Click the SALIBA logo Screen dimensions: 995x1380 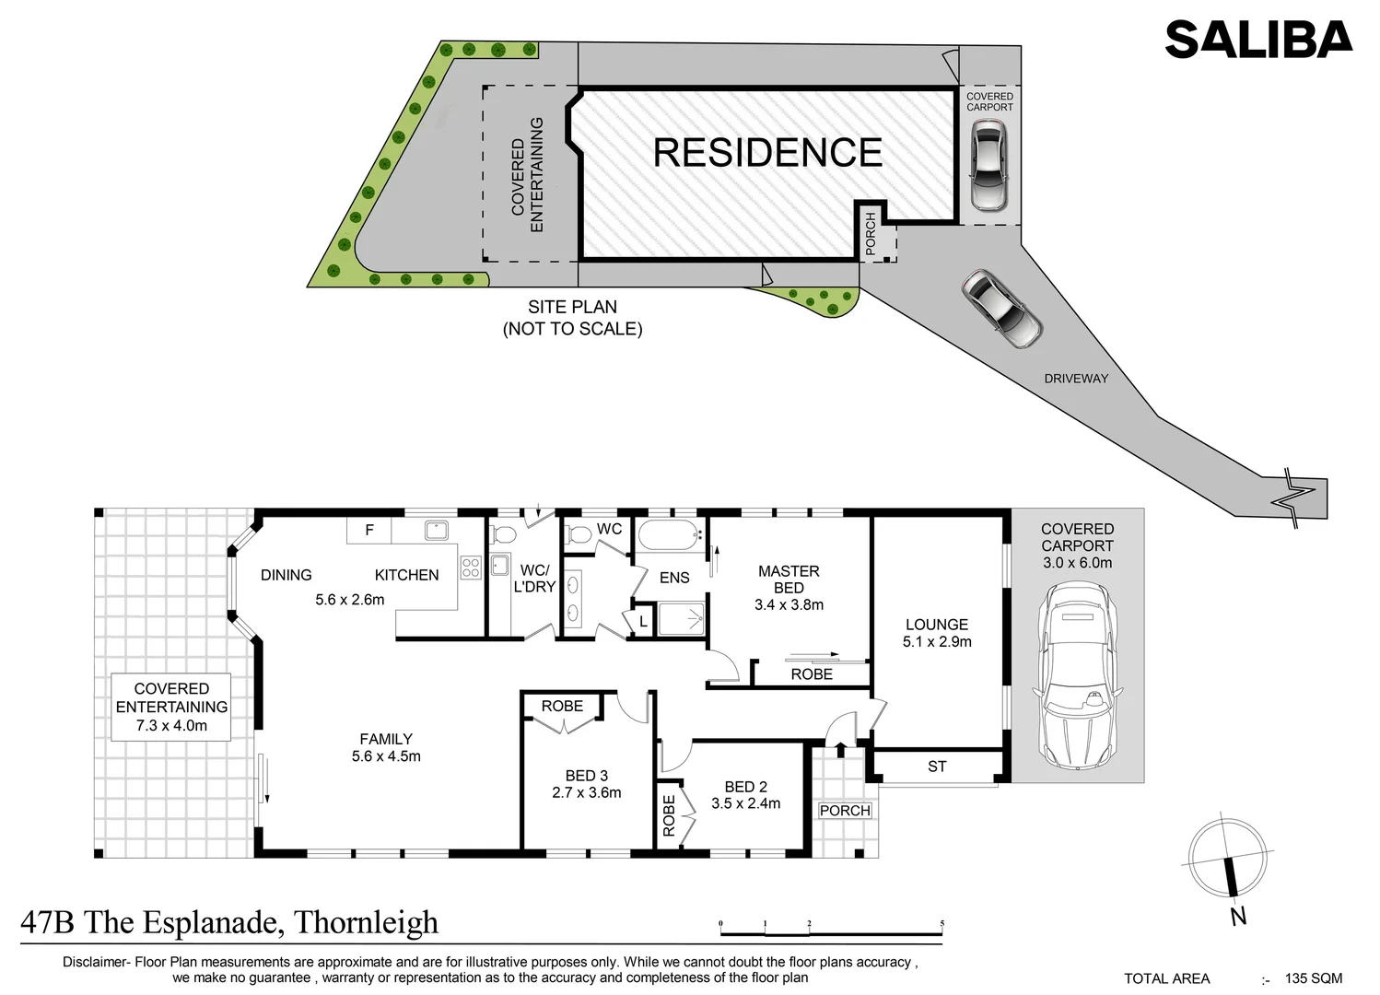(1257, 40)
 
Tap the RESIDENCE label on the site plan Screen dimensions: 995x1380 (767, 153)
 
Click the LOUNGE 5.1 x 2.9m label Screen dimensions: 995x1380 (937, 633)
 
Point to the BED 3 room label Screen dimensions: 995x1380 (586, 784)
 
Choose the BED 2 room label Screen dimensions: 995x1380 (745, 795)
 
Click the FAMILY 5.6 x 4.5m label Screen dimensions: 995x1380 (386, 747)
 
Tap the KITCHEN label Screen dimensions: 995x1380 (406, 575)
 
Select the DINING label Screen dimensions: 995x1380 (286, 575)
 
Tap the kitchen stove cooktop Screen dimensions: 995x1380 (471, 568)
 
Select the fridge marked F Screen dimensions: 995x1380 (369, 531)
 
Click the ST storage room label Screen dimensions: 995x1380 (937, 767)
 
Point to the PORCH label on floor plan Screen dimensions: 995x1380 (845, 811)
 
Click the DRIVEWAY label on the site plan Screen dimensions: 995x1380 (1076, 379)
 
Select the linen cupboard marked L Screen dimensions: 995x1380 (643, 623)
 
